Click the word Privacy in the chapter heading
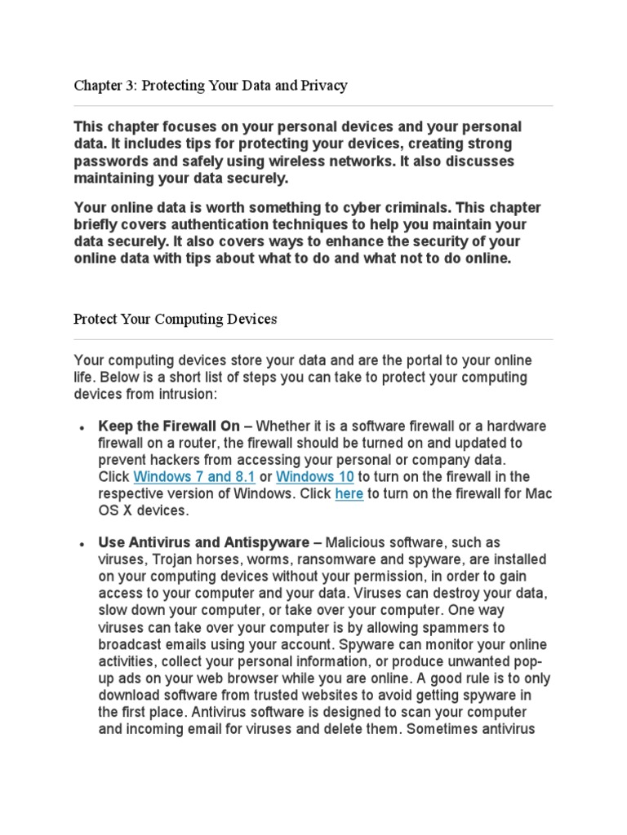325,86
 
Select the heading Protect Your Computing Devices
175,319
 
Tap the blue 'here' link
349,493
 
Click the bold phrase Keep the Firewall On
169,426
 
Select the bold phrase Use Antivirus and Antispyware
203,542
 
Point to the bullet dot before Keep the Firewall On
82,427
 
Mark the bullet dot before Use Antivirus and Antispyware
82,544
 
